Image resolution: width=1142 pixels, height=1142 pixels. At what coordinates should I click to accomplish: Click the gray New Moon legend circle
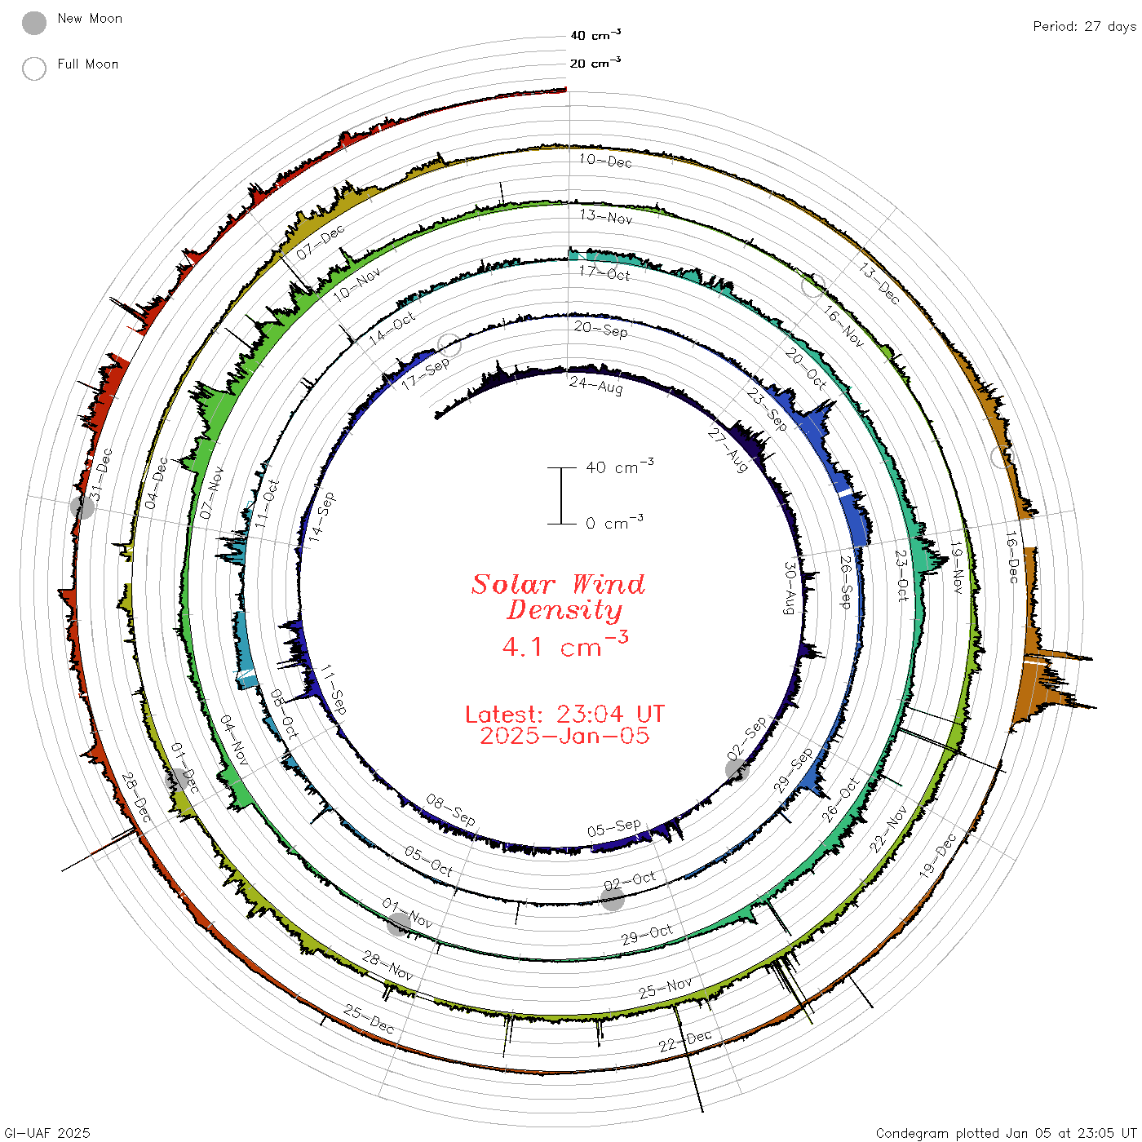[x=33, y=23]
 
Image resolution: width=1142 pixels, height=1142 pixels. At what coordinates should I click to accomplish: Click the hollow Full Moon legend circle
[x=33, y=69]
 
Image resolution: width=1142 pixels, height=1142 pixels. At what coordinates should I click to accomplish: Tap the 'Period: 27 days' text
[x=1084, y=27]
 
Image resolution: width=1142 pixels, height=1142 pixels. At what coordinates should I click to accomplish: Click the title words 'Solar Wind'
[x=558, y=584]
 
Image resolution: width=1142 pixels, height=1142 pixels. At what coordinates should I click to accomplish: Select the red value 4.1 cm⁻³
[x=564, y=645]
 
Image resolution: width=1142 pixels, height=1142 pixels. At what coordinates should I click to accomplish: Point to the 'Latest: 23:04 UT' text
[x=564, y=714]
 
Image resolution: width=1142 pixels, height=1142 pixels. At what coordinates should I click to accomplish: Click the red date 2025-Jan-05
[x=564, y=736]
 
